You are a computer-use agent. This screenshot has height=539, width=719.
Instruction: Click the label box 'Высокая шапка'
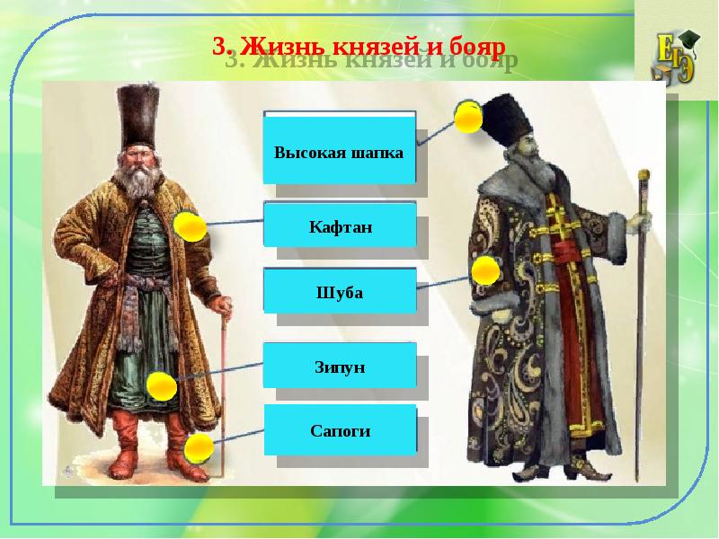(x=339, y=152)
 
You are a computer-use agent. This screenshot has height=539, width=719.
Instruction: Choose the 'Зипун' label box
(x=339, y=367)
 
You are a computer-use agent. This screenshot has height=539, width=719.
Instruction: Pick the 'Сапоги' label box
(x=339, y=430)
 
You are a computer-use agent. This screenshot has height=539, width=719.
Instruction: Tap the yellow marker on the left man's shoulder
(x=190, y=226)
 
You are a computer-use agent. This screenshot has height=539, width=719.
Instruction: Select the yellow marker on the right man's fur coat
(x=485, y=269)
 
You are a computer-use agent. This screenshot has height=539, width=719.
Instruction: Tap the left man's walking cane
(x=222, y=386)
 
